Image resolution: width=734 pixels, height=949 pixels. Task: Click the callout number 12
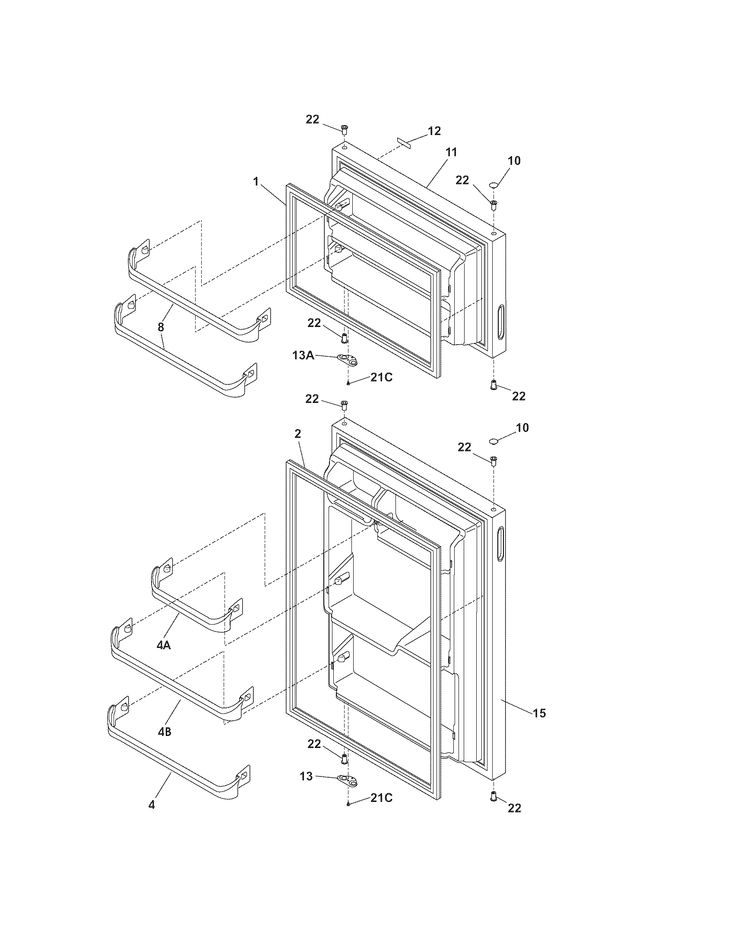tap(434, 131)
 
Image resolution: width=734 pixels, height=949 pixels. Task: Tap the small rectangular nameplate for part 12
tap(404, 143)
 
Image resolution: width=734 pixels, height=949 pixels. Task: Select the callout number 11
tap(451, 153)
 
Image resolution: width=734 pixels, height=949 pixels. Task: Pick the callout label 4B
tap(165, 732)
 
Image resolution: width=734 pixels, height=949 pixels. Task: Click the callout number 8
tap(161, 327)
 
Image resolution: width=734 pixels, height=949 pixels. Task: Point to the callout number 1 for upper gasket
tap(256, 182)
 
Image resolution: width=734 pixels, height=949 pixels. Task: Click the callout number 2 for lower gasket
tap(297, 434)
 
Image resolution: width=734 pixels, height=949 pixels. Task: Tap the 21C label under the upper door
tap(381, 377)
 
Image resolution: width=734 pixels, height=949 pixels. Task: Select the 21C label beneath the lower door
tap(381, 798)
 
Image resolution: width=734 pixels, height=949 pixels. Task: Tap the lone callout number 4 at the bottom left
tap(151, 805)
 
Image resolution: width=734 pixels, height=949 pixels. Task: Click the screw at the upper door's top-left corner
tap(344, 129)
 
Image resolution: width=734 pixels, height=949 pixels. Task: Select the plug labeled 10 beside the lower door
tap(494, 441)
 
